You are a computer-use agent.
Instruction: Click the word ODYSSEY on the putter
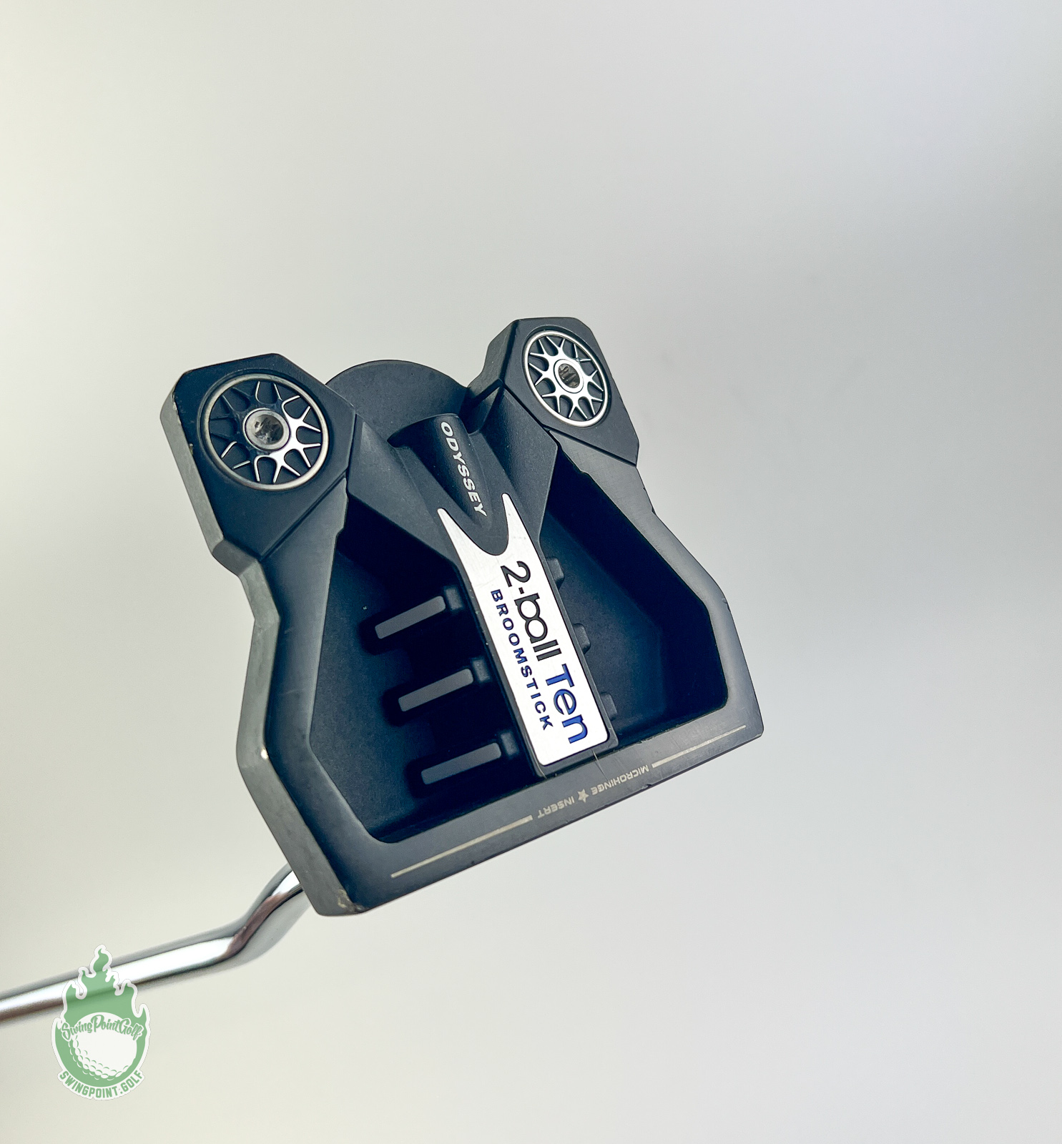click(x=463, y=469)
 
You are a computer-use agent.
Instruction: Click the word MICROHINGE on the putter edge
click(x=615, y=776)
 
